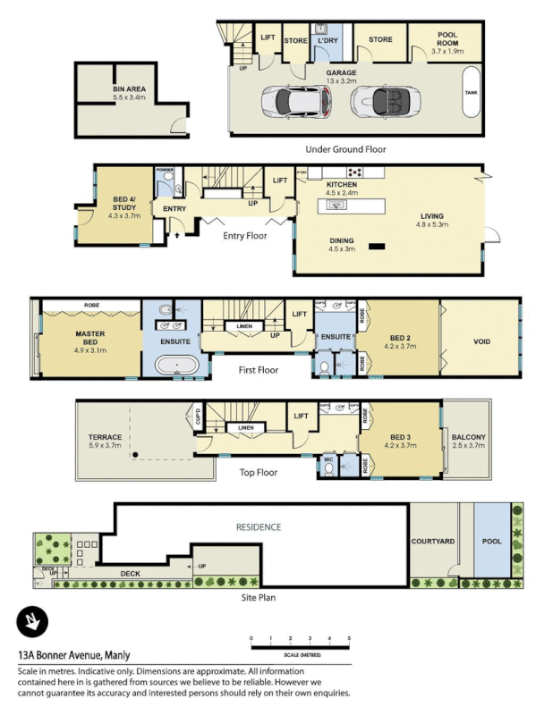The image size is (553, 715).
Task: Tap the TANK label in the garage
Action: pyautogui.click(x=470, y=93)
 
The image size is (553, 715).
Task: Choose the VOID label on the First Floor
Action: pyautogui.click(x=481, y=342)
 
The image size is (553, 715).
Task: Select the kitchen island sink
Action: pyautogui.click(x=338, y=205)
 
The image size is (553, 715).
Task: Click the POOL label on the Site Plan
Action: pyautogui.click(x=491, y=541)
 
